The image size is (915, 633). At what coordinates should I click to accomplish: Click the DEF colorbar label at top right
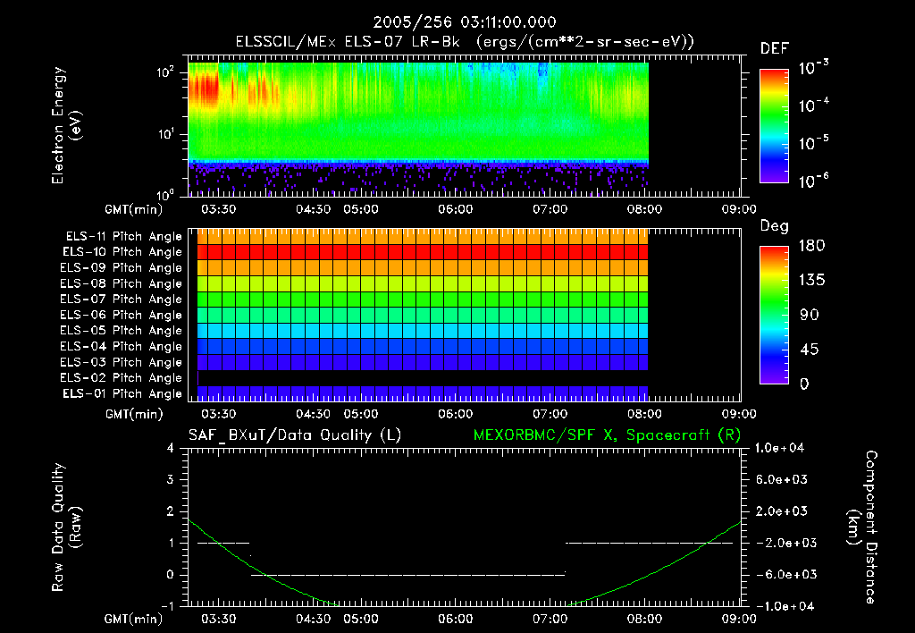pyautogui.click(x=774, y=48)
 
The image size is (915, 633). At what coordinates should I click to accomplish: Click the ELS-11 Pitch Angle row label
pyautogui.click(x=123, y=237)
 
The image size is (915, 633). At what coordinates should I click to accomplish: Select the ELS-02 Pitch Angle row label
pyautogui.click(x=123, y=378)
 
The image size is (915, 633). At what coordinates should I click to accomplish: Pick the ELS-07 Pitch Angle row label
pyautogui.click(x=123, y=300)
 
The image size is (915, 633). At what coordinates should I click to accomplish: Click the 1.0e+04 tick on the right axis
pyautogui.click(x=782, y=448)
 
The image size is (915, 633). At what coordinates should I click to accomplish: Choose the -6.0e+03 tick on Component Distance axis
pyautogui.click(x=782, y=574)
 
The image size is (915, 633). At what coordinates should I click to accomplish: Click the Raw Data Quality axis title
pyautogui.click(x=68, y=527)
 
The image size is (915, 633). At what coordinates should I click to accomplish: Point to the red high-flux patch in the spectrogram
pyautogui.click(x=205, y=89)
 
